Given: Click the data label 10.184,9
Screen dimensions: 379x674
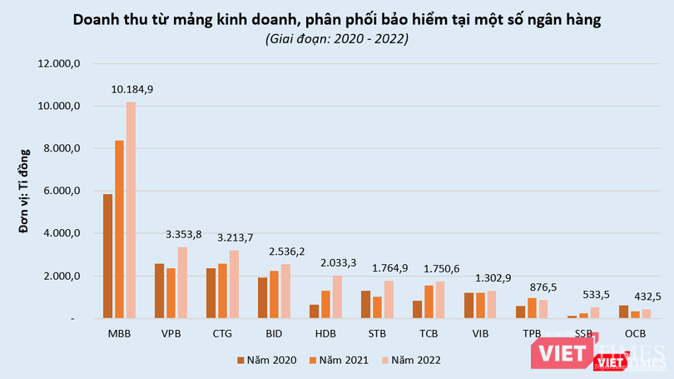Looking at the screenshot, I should [x=131, y=89].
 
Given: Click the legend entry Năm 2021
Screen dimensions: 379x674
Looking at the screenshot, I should [x=336, y=360].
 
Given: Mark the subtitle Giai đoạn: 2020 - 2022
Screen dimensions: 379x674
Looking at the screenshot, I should [x=337, y=38].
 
